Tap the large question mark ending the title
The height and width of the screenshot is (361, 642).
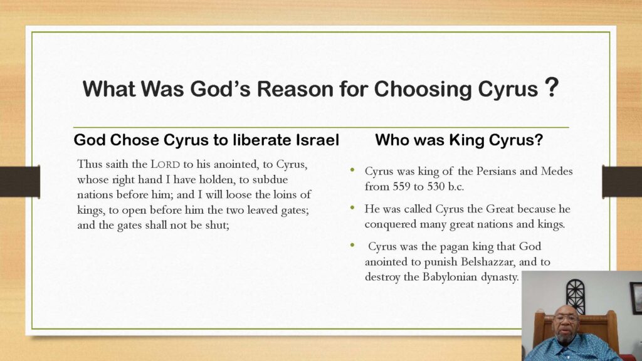[x=551, y=87]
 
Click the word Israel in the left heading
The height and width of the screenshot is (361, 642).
[x=318, y=140]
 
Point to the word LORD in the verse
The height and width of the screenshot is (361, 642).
[x=166, y=165]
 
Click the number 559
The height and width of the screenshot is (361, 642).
[x=401, y=187]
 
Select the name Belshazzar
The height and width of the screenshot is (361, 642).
[x=487, y=262]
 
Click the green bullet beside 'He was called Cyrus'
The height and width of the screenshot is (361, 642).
[x=352, y=207]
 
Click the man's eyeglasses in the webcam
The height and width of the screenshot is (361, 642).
[x=566, y=318]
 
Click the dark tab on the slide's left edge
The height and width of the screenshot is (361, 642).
[x=20, y=181]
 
